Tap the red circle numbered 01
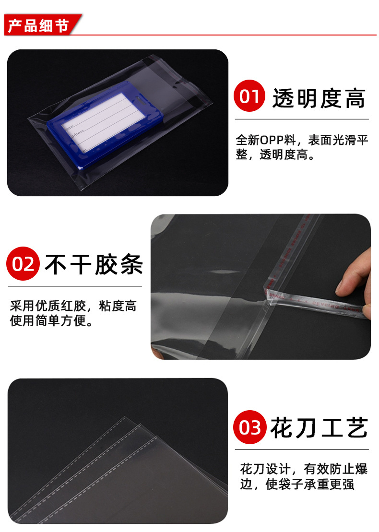[x=249, y=97]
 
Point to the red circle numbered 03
[x=249, y=427]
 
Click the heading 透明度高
[x=319, y=98]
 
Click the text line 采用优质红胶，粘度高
[x=73, y=306]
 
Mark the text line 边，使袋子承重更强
[x=297, y=485]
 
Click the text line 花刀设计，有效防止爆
[x=304, y=469]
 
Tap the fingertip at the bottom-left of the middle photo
[x=156, y=353]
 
